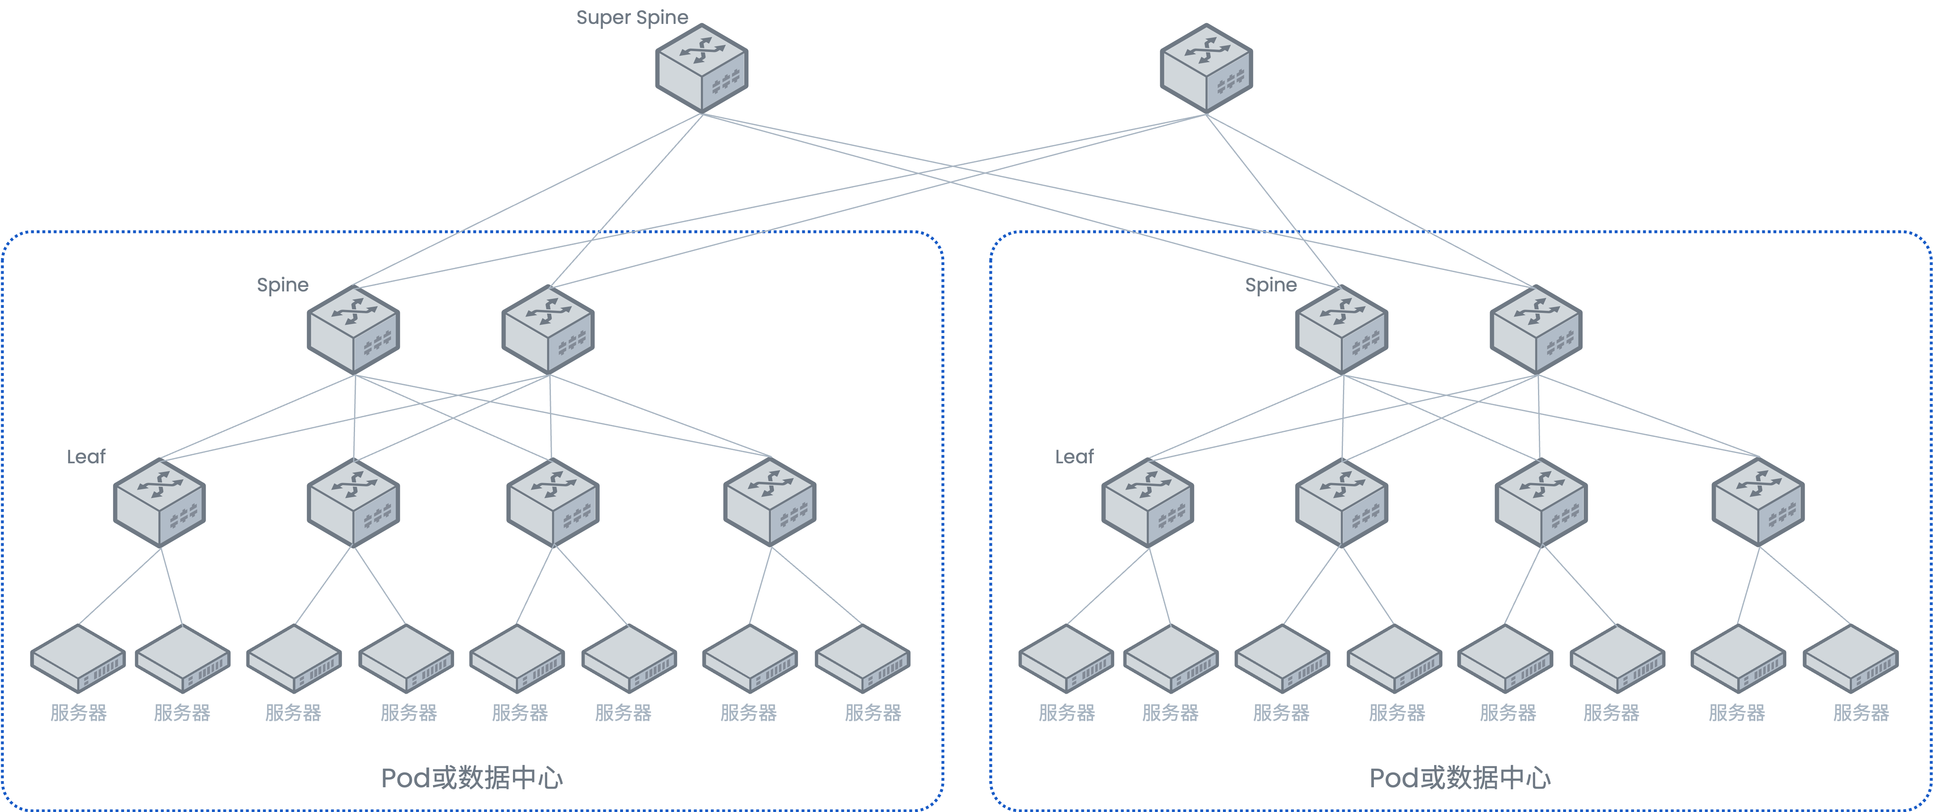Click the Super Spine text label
(632, 17)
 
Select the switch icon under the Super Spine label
(702, 69)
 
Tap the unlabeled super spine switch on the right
(1206, 69)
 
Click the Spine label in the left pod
(282, 285)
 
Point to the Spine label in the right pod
(1270, 285)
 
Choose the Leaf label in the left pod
(85, 457)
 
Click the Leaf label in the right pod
(1074, 457)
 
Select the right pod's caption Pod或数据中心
(1460, 778)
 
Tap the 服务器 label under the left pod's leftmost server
(78, 713)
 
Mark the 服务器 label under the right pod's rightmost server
(1861, 713)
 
